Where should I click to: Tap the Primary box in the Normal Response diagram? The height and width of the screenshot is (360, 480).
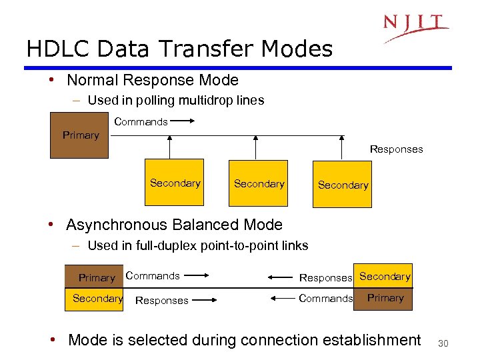(80, 135)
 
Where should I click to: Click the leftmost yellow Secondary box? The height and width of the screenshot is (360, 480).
(175, 183)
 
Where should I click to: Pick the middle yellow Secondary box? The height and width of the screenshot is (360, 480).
(259, 183)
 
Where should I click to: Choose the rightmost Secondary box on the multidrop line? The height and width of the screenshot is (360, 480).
(343, 185)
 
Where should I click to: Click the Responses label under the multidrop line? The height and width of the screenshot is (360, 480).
(396, 149)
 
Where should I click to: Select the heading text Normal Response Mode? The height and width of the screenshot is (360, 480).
(152, 81)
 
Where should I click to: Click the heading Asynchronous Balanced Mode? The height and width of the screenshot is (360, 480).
(174, 225)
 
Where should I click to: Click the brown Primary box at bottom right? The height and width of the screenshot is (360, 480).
(385, 298)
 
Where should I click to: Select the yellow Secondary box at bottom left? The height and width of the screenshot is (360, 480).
(97, 299)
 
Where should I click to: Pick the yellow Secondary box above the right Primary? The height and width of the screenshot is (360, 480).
(384, 276)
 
